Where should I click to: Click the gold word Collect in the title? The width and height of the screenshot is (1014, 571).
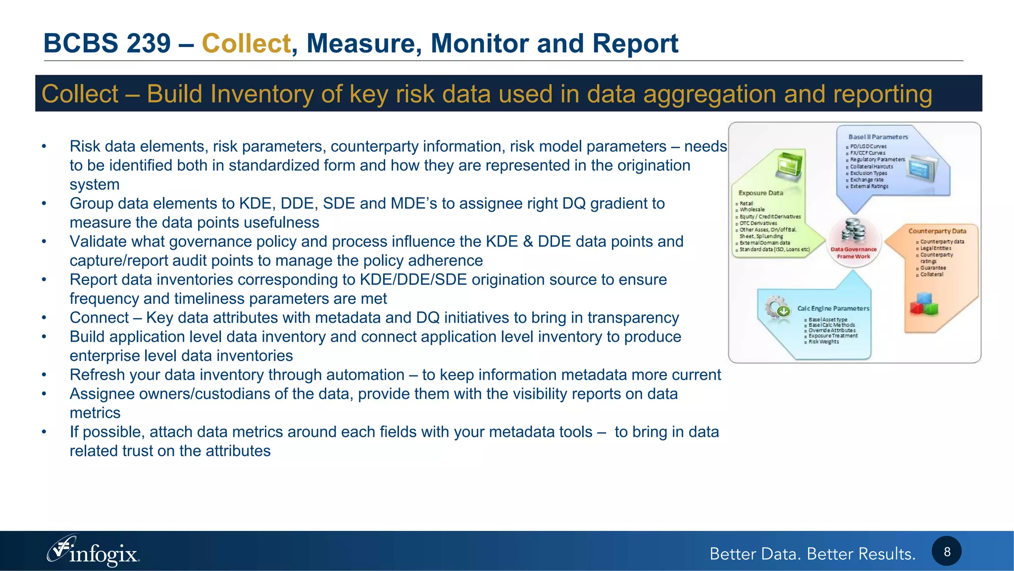coord(246,43)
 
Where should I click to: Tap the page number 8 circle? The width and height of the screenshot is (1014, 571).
coord(946,552)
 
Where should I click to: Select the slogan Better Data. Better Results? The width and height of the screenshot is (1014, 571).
coord(812,554)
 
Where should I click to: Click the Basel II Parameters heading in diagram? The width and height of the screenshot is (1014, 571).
coord(878,137)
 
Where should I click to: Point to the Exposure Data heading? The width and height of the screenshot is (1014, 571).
coord(760,193)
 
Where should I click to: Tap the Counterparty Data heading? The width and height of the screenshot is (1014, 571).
coord(937,231)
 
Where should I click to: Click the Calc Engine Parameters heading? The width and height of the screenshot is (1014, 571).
coord(833,308)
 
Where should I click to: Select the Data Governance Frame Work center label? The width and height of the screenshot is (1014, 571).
coord(854,253)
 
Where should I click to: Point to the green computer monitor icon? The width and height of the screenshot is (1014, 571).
coord(789,167)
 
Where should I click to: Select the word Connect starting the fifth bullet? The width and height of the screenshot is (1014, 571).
coord(99,318)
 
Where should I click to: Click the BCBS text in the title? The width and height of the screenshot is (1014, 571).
coord(79,43)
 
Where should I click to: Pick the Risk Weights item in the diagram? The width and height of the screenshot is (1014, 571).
coord(823,342)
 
